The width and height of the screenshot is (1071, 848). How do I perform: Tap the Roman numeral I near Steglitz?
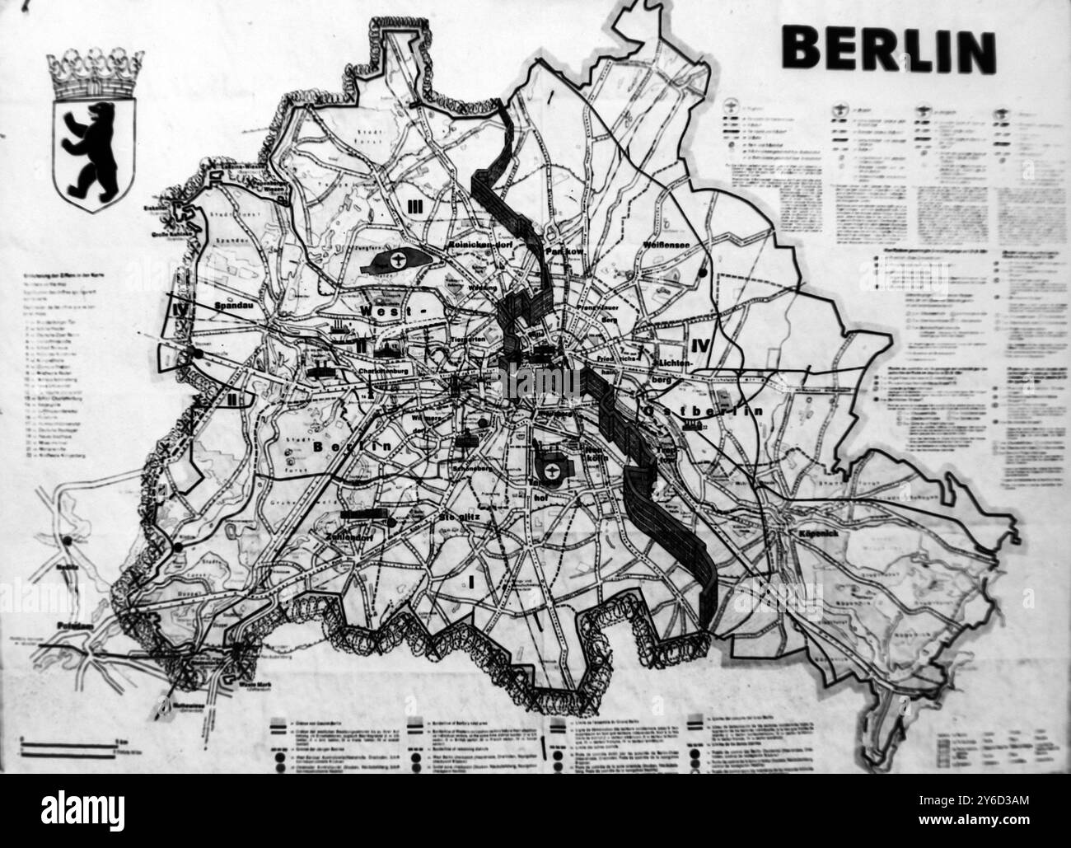pyautogui.click(x=471, y=582)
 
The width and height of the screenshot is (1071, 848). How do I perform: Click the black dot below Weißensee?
pyautogui.click(x=702, y=271)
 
